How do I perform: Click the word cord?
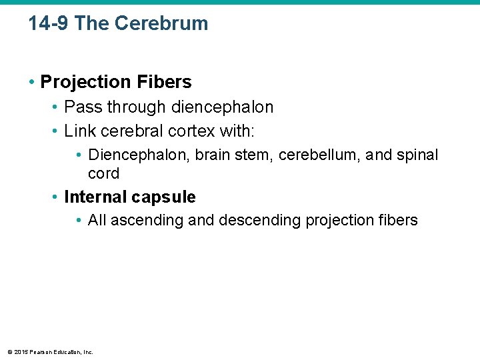[103, 174]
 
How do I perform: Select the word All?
[97, 221]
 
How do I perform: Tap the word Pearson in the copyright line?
[41, 351]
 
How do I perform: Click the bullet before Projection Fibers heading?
[32, 83]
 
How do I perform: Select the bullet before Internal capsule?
[56, 198]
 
